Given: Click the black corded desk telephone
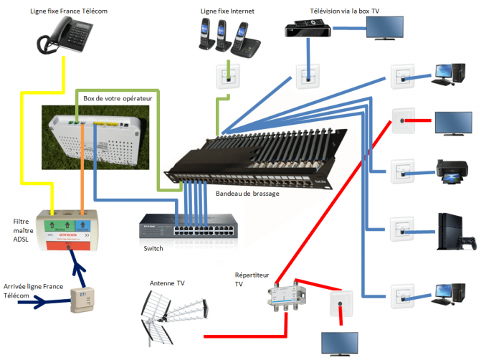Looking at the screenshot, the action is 65,36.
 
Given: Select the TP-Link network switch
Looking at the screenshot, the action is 189,226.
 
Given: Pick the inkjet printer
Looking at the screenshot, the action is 452,172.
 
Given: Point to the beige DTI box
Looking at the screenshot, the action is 82,300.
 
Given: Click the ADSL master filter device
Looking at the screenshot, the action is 67,230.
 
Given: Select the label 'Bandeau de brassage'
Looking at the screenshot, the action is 247,194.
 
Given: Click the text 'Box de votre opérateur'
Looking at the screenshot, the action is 118,98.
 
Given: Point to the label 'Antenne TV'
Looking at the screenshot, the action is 167,283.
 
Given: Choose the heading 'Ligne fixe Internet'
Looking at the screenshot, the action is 227,11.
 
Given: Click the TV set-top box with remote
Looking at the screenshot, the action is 308,28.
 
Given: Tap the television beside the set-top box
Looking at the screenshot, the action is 385,28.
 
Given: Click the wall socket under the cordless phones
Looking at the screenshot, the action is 228,77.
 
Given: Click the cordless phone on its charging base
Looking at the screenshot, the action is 245,40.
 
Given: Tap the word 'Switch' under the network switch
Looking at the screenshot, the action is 153,249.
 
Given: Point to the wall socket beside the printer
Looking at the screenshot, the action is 403,171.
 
